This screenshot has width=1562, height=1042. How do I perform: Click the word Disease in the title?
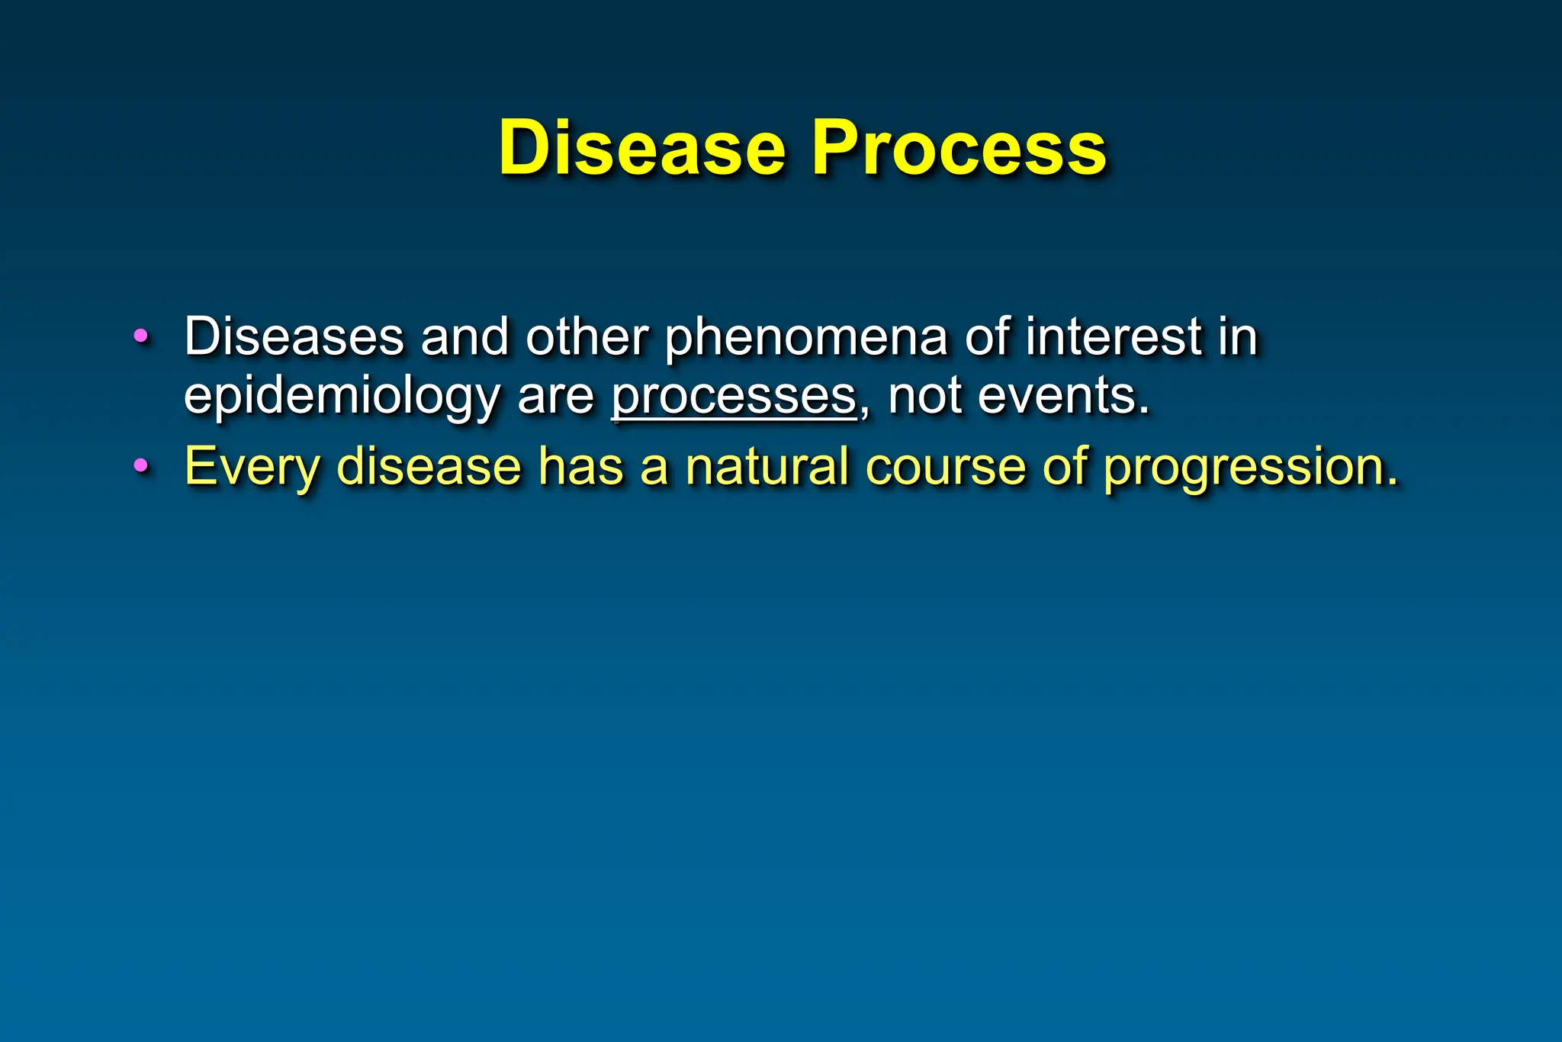click(x=641, y=148)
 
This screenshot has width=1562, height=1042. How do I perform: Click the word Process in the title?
click(x=958, y=148)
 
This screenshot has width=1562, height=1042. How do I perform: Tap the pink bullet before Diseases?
click(x=140, y=336)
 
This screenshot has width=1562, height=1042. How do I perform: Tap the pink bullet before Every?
click(x=140, y=465)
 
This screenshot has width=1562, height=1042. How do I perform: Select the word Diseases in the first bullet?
click(x=294, y=336)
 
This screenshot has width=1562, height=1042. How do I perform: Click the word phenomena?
click(x=806, y=338)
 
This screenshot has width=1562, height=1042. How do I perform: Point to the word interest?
click(x=1114, y=336)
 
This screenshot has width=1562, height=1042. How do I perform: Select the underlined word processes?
click(x=734, y=397)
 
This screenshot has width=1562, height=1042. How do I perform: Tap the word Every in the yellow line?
click(x=252, y=467)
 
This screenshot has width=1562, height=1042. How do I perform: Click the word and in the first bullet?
click(x=464, y=336)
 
